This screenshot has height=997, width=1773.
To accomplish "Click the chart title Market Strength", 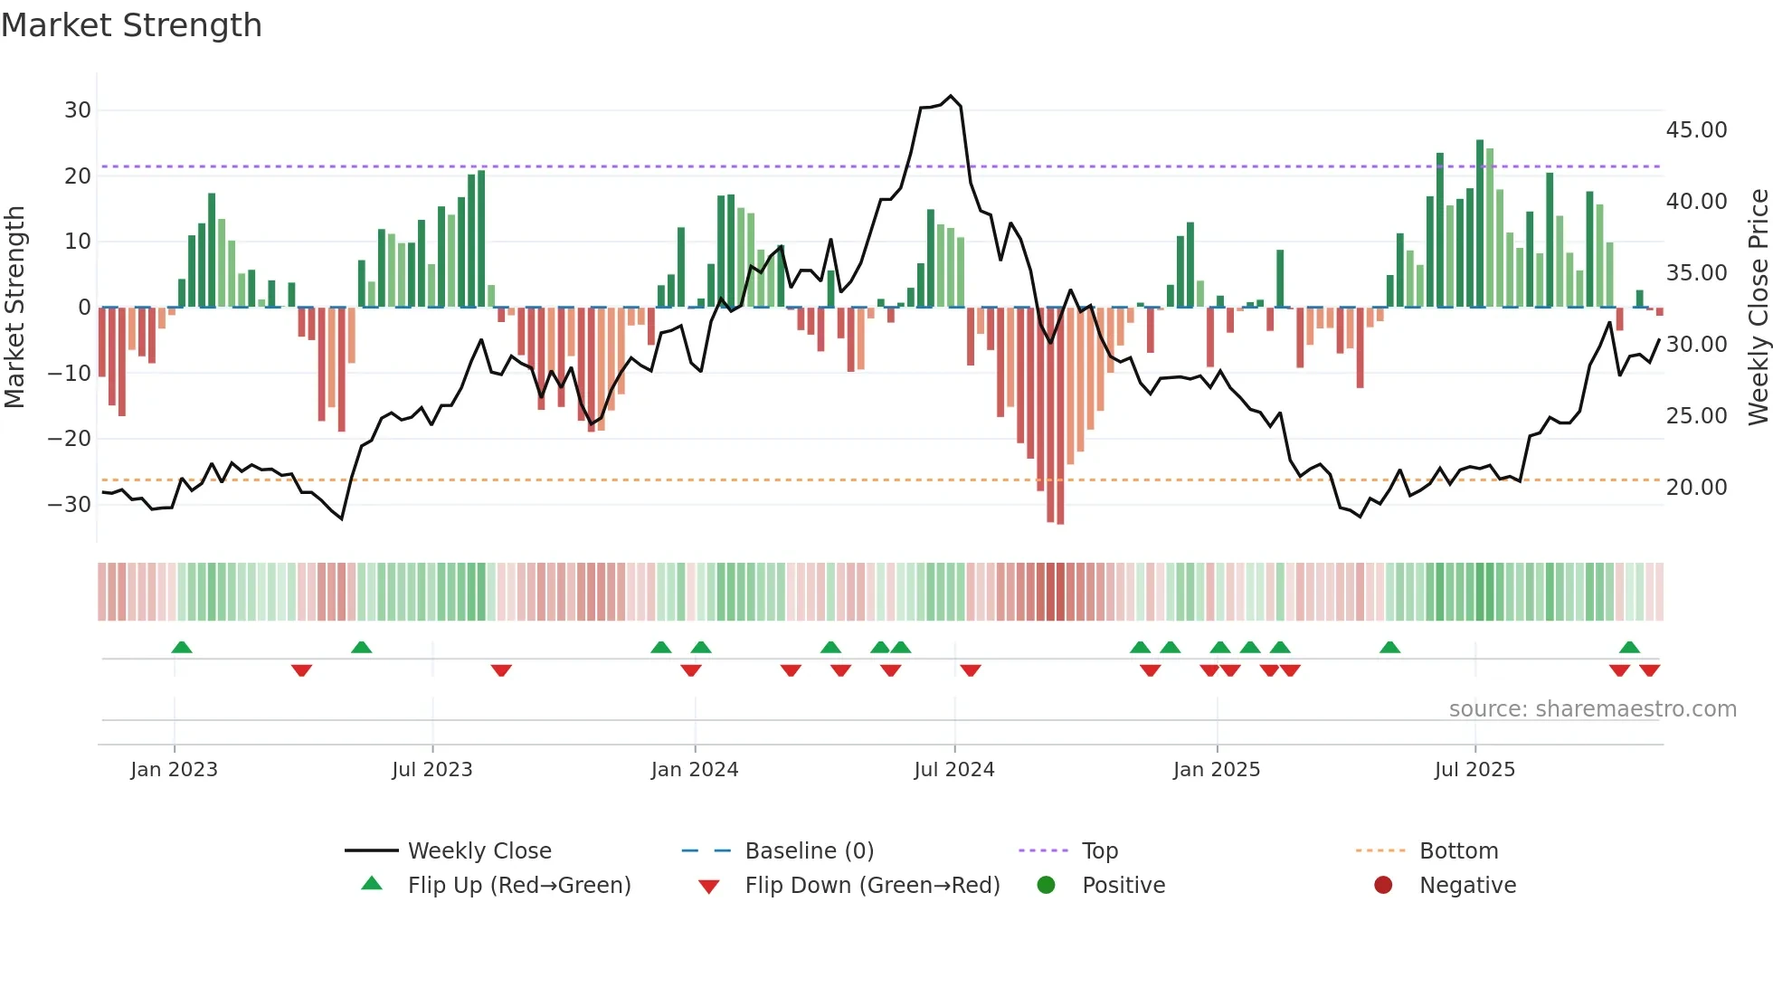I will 131,25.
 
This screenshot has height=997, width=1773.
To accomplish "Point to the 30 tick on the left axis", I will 78,110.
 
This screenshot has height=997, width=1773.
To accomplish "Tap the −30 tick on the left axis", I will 70,505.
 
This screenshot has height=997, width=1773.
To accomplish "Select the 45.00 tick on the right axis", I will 1696,130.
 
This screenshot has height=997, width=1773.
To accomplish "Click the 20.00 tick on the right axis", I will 1696,488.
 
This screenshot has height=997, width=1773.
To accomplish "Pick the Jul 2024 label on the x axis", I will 953,770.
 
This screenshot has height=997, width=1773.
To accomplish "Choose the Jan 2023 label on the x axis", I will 174,770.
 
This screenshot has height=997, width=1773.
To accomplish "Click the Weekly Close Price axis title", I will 1758,308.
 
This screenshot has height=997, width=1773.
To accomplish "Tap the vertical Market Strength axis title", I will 14,308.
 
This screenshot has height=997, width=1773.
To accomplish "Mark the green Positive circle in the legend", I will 1047,886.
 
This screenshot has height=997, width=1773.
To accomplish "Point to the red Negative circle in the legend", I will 1383,886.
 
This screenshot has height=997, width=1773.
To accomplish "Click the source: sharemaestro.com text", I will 1592,709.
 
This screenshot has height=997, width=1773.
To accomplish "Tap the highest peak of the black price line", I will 951,96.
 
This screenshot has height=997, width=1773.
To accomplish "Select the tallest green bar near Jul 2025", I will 1480,141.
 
